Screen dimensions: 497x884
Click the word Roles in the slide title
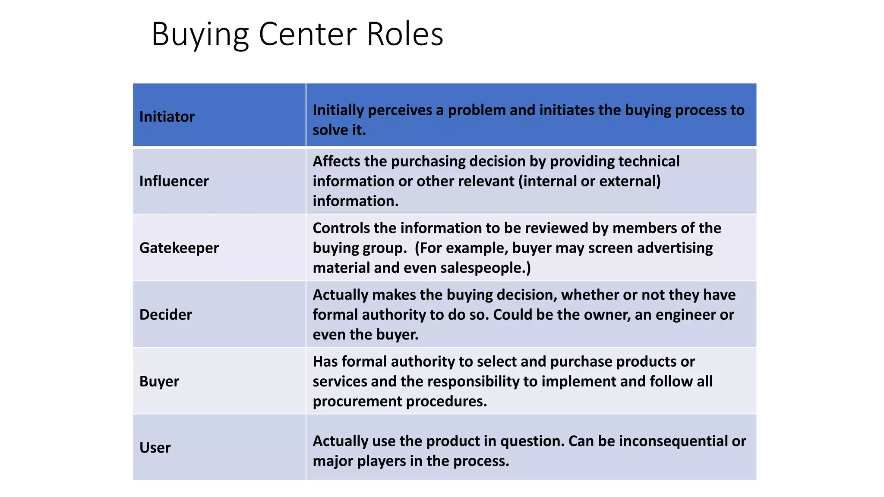405,34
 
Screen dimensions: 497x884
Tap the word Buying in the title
200,34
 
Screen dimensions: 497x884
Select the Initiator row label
167,116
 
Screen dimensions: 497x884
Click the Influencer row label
174,181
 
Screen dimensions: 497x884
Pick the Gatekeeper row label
179,248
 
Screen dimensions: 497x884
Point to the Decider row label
165,315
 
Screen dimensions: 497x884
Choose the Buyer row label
159,381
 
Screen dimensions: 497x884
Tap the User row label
155,447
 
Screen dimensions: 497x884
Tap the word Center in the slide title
308,34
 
